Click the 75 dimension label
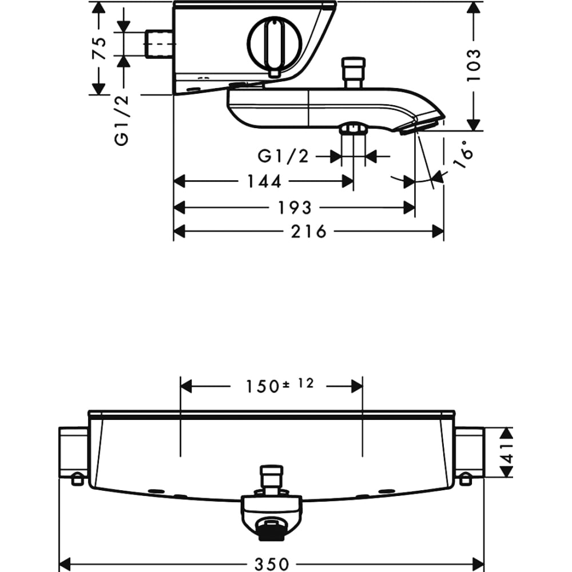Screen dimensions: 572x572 pos(100,48)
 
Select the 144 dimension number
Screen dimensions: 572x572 pos(264,181)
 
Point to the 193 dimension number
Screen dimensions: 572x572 pos(295,208)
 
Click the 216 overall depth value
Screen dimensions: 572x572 pos(308,231)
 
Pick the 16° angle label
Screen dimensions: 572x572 pos(464,154)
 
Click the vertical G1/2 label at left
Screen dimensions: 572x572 pos(122,121)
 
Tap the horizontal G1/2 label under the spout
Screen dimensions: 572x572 pos(283,157)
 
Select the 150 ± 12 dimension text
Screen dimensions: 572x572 pos(280,386)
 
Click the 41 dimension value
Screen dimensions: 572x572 pos(508,452)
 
